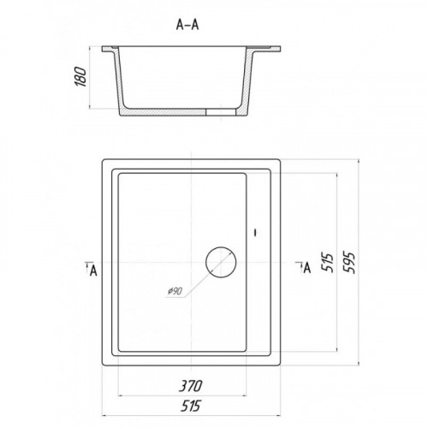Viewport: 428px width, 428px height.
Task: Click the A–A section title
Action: point(187,25)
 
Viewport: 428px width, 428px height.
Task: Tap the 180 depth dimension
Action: point(80,77)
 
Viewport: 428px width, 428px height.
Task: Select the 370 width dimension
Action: point(191,386)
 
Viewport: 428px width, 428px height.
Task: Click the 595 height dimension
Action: point(349,263)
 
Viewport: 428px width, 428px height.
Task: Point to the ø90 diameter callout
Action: point(175,291)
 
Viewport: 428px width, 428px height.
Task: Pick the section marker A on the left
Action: point(93,270)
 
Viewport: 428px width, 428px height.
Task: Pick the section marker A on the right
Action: point(306,267)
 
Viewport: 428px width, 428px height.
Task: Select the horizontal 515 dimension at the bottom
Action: point(191,406)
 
